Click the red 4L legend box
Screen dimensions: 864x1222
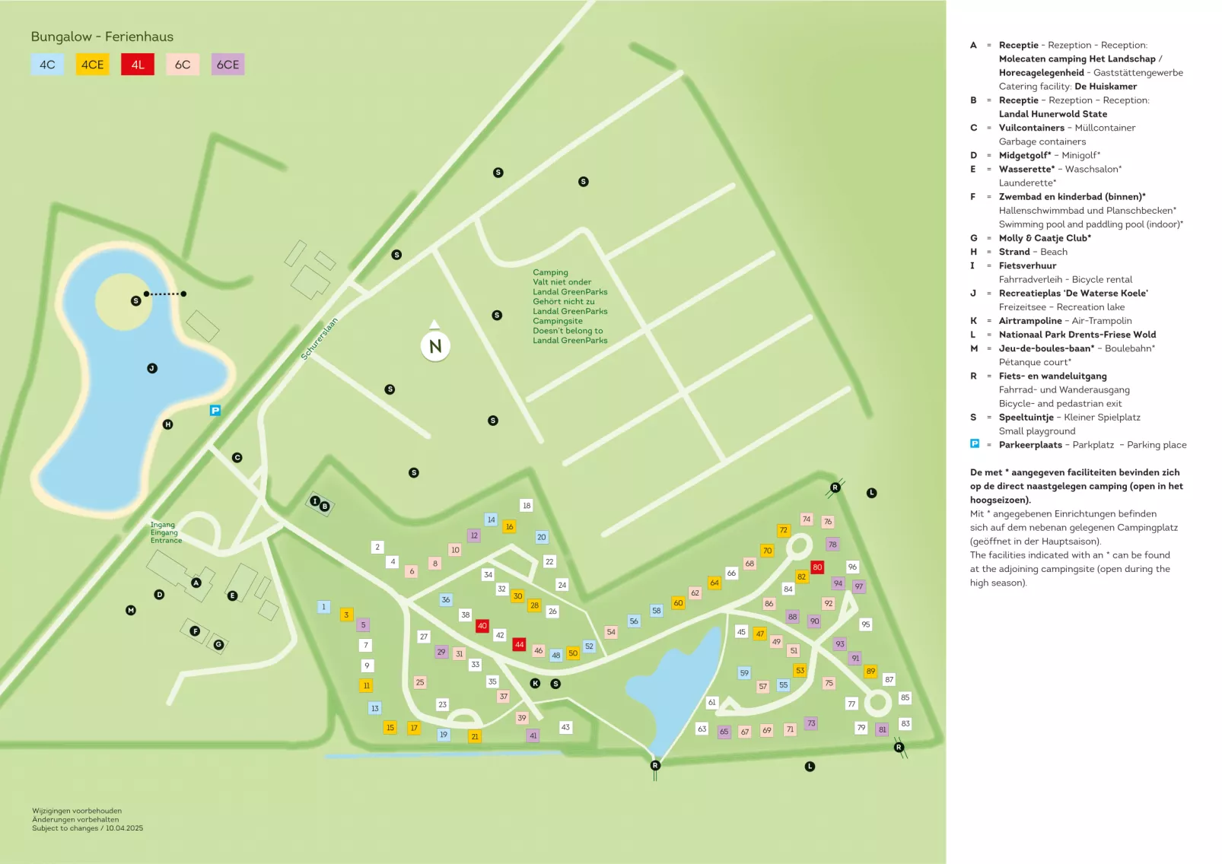[x=137, y=65]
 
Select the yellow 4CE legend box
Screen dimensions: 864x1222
[x=92, y=65]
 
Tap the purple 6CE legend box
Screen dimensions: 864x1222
[x=228, y=65]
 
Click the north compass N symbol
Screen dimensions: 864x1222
[x=435, y=346]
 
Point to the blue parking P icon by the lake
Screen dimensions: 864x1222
[x=215, y=411]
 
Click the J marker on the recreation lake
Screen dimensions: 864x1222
[x=152, y=368]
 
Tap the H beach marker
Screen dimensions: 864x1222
[x=168, y=424]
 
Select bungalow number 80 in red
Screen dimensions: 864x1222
[x=817, y=567]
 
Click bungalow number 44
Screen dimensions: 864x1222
[x=519, y=644]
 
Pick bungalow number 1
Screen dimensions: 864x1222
[x=323, y=607]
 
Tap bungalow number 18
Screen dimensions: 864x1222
[x=527, y=506]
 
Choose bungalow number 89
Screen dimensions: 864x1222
[x=870, y=672]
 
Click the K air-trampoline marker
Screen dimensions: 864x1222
[x=535, y=684]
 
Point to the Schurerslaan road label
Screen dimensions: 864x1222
[x=319, y=339]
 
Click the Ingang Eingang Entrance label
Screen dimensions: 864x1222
[x=165, y=532]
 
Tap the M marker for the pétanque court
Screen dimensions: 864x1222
[x=131, y=610]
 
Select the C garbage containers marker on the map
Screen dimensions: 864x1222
[x=237, y=458]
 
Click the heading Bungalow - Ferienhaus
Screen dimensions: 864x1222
[x=102, y=37]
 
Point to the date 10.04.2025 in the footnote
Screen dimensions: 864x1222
[x=124, y=828]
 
